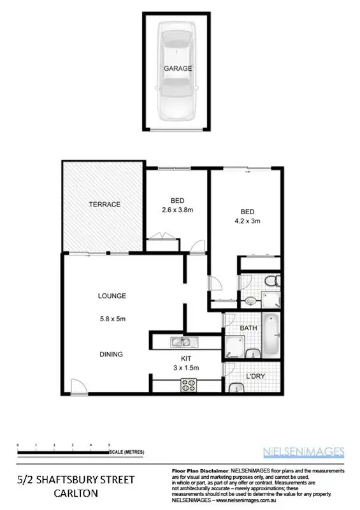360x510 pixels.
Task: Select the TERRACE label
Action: (104, 204)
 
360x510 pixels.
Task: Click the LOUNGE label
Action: (112, 296)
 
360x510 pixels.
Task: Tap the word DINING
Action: (110, 354)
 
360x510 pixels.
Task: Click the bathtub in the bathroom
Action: (271, 335)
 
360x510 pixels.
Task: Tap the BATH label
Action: (248, 328)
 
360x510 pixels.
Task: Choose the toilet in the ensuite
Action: (271, 280)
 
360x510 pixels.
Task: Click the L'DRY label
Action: (255, 376)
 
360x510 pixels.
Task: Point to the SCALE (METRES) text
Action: (127, 452)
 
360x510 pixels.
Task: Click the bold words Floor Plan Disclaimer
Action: (198, 469)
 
